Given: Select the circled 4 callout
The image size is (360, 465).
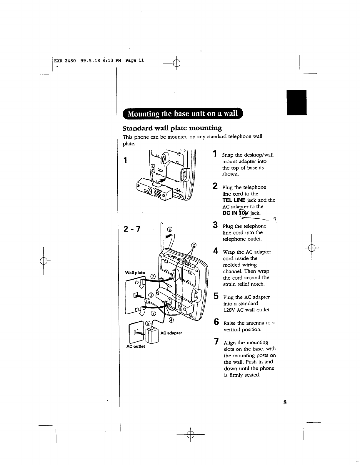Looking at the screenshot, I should pos(171,320).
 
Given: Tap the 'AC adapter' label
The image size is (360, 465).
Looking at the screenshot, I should pos(171,333).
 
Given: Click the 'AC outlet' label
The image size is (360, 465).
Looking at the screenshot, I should pos(136,346).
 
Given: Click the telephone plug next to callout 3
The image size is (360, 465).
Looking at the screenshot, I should pos(146,301).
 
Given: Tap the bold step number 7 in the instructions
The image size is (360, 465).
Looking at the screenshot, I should pos(216,342).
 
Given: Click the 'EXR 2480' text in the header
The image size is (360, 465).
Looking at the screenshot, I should pos(65,61).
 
